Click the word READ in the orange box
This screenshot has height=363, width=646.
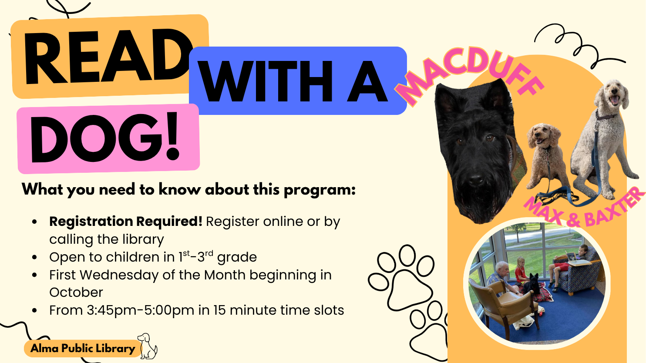pyautogui.click(x=108, y=56)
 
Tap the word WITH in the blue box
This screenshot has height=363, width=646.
pyautogui.click(x=266, y=81)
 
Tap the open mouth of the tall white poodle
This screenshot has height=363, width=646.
pyautogui.click(x=614, y=100)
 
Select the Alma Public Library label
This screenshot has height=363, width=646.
pyautogui.click(x=83, y=348)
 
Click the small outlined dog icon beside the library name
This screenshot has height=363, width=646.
pyautogui.click(x=148, y=346)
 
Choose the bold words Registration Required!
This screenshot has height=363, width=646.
pyautogui.click(x=126, y=222)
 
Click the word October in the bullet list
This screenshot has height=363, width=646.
pyautogui.click(x=76, y=292)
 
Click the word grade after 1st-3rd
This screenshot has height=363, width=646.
pyautogui.click(x=237, y=257)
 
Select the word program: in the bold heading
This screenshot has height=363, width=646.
pyautogui.click(x=320, y=190)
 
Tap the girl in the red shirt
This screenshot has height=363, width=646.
pyautogui.click(x=521, y=271)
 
